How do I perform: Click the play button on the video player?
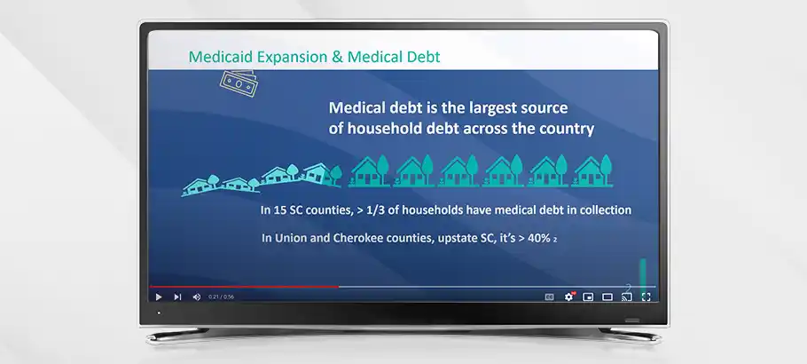point(159,297)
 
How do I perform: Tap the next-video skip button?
point(177,297)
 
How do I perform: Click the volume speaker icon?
point(197,297)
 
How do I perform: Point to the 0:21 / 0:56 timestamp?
point(222,297)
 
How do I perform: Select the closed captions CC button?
point(550,297)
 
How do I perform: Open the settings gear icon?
point(568,297)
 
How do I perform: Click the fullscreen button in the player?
point(646,297)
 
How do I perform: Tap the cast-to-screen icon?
point(627,297)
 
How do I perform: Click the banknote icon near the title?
point(238,83)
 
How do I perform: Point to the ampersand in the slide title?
point(338,56)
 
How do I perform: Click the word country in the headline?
point(568,129)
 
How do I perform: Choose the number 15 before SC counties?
point(279,210)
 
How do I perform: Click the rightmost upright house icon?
point(593,170)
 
